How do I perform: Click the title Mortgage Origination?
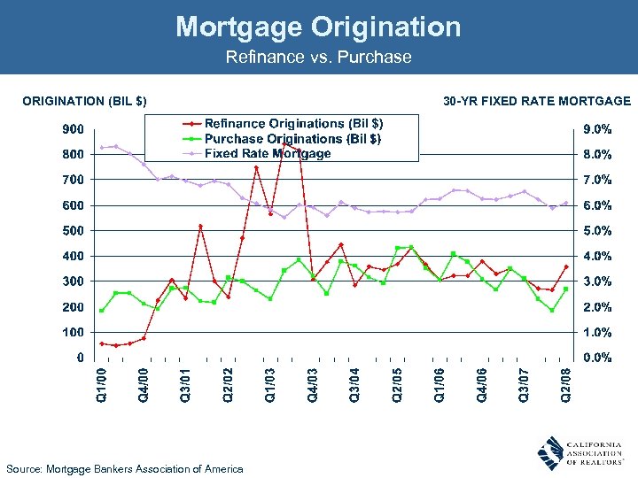(x=318, y=27)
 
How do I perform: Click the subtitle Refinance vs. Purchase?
(x=318, y=58)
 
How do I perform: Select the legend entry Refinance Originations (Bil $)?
(x=293, y=124)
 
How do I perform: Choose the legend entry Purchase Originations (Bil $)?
(x=292, y=139)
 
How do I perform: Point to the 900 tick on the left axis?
(x=73, y=129)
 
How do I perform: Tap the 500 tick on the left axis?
(x=73, y=231)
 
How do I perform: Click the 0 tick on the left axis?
(x=80, y=358)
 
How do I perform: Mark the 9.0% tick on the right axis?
(x=596, y=129)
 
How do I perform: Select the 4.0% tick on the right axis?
(x=596, y=257)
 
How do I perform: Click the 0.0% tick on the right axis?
(x=596, y=358)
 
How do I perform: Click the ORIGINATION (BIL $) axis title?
(x=85, y=102)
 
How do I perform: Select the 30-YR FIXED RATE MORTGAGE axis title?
(x=537, y=102)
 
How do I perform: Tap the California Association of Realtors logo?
(x=580, y=452)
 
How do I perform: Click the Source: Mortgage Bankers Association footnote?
(x=124, y=468)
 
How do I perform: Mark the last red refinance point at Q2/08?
(x=565, y=266)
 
